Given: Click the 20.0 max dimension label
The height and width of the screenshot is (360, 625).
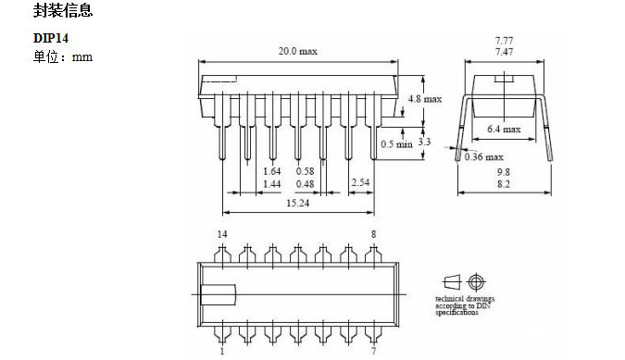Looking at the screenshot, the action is coord(297,52).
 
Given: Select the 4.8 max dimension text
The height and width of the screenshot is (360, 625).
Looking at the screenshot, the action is coord(425,99).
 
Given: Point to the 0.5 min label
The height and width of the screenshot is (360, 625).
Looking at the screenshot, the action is coord(396,144).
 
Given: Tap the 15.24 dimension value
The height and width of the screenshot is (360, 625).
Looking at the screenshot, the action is coord(298,203).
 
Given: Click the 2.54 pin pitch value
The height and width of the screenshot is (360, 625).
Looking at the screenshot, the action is coord(360,182).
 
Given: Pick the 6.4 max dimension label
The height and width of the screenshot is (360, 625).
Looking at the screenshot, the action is coord(504,129).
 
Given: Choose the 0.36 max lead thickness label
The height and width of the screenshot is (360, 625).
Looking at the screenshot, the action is coord(484,157).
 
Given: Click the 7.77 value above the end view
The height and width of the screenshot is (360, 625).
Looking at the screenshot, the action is coord(505,41).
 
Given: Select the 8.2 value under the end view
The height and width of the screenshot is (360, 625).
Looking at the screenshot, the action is coord(504,184).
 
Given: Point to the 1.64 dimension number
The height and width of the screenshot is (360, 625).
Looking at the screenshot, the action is coord(272,171).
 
